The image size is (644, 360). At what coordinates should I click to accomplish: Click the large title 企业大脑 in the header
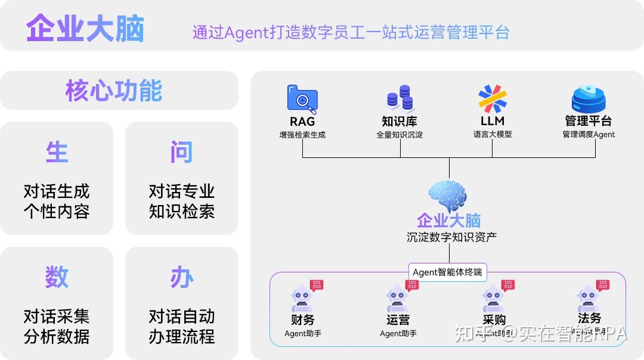(85, 29)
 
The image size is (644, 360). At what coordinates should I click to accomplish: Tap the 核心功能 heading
(113, 91)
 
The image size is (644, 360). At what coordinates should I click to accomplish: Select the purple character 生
(57, 153)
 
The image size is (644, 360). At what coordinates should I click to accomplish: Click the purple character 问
(181, 153)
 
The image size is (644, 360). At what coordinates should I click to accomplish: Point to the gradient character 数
(57, 277)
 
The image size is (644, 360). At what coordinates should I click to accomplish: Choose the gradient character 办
(181, 277)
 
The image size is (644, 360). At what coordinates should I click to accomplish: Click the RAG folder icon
(302, 99)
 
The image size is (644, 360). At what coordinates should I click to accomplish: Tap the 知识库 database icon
(400, 98)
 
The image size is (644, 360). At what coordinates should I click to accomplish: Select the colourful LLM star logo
(493, 98)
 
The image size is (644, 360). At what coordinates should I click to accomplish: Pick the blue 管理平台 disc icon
(589, 100)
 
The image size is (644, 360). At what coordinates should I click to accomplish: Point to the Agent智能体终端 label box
(448, 272)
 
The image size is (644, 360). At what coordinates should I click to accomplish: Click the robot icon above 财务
(302, 297)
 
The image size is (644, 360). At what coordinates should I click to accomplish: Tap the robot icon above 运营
(398, 297)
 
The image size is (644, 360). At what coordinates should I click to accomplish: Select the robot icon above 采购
(493, 297)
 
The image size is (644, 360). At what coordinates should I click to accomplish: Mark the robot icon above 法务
(589, 297)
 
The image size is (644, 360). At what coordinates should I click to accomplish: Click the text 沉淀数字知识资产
(451, 237)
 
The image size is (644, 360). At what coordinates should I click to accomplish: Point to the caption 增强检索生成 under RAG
(302, 135)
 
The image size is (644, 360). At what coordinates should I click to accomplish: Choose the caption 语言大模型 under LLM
(493, 135)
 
